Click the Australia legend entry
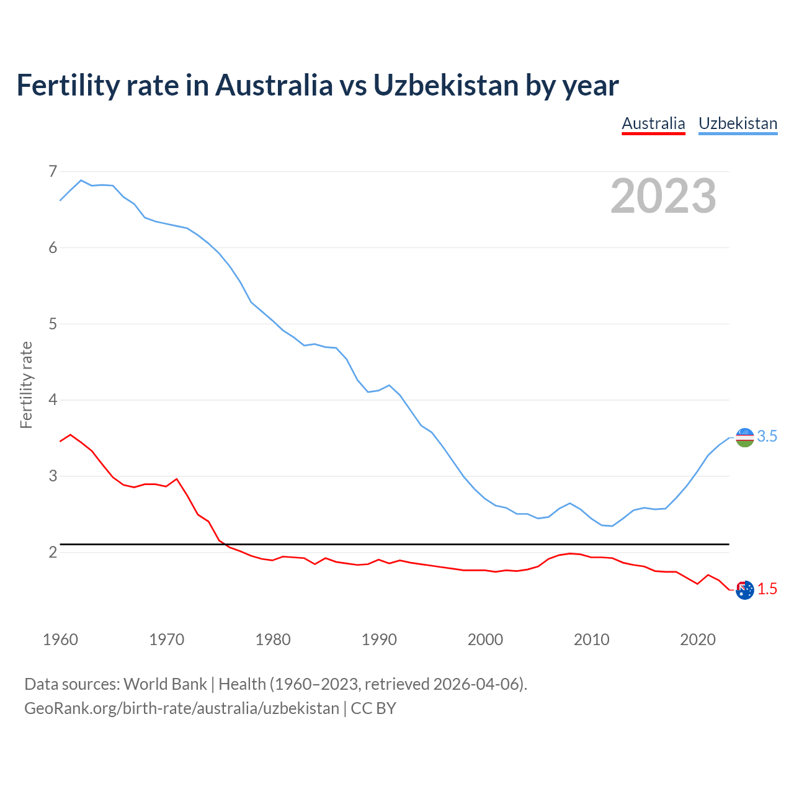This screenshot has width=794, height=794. (x=653, y=123)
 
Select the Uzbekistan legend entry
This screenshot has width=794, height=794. (x=738, y=123)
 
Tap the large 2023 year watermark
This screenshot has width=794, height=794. (x=663, y=196)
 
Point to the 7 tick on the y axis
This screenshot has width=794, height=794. (x=53, y=171)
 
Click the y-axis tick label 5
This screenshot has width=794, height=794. (x=53, y=324)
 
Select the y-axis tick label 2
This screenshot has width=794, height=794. (x=53, y=552)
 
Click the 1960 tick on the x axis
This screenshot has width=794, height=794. (x=60, y=640)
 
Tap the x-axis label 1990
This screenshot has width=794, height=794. (x=379, y=640)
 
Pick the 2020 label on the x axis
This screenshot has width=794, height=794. (x=698, y=640)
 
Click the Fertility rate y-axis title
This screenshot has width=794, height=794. (x=26, y=385)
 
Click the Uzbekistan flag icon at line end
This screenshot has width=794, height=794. (x=744, y=437)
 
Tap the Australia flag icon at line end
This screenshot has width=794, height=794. (x=744, y=590)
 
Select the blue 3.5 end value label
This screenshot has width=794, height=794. (x=767, y=437)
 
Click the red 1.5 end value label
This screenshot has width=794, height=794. (x=767, y=589)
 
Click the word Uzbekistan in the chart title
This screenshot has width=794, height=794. (x=445, y=85)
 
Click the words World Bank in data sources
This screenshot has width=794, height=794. (x=165, y=684)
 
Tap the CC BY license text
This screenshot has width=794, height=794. (x=373, y=708)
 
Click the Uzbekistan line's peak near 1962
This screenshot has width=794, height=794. (x=81, y=180)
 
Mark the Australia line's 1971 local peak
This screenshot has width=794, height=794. (x=177, y=479)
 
